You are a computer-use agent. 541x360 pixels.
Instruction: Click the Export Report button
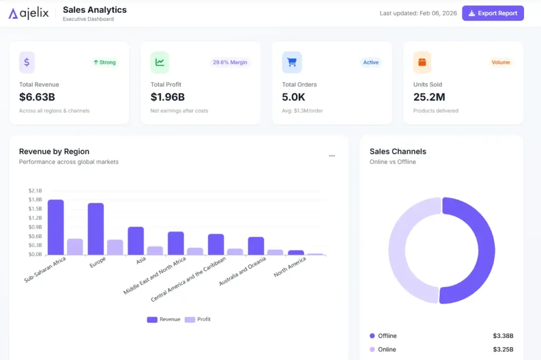[492, 13]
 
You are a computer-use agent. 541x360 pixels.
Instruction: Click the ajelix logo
[29, 13]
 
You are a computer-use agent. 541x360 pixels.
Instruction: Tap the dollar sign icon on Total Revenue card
[27, 62]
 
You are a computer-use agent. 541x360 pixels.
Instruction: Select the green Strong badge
[104, 62]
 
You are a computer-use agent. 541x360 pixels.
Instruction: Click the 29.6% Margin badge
[230, 62]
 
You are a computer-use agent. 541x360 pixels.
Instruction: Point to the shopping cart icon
[292, 62]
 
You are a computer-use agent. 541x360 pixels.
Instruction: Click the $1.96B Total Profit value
[167, 97]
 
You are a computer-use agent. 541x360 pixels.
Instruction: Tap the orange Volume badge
[500, 62]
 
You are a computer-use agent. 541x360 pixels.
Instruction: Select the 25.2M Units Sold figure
[429, 97]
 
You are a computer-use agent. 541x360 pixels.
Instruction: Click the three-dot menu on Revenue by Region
[332, 156]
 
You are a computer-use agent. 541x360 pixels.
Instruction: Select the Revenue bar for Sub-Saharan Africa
[55, 227]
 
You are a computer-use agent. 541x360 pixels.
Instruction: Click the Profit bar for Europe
[115, 247]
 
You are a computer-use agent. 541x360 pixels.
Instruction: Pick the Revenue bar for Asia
[136, 241]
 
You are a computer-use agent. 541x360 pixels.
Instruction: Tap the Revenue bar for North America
[296, 253]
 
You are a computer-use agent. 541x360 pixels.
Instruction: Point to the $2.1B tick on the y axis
[35, 190]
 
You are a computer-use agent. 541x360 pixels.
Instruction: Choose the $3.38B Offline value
[503, 336]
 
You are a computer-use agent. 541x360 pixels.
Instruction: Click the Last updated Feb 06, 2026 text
[418, 13]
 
